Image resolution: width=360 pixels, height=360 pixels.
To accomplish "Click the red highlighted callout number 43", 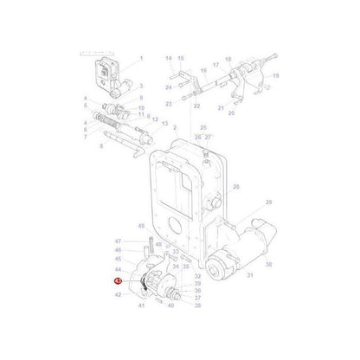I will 118,281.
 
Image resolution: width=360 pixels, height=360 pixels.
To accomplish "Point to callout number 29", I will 268,202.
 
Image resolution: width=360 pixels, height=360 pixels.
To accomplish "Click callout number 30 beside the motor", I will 268,265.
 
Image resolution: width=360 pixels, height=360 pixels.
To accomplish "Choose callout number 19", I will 276,76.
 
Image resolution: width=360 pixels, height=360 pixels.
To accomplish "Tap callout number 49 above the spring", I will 139,227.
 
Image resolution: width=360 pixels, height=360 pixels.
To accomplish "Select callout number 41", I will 139,305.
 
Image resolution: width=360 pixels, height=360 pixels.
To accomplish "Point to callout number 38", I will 197,305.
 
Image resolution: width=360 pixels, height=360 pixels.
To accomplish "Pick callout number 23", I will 170,103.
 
